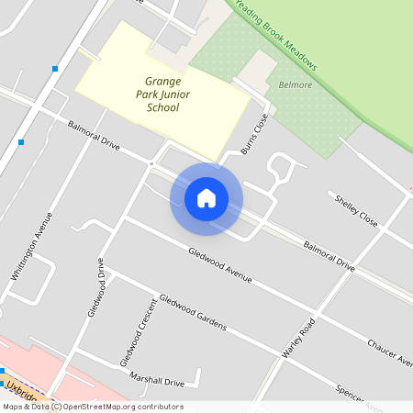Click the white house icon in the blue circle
pyautogui.click(x=206, y=197)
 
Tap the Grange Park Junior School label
pyautogui.click(x=162, y=95)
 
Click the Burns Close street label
pyautogui.click(x=253, y=134)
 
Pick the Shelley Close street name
pyautogui.click(x=356, y=211)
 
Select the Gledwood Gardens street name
pyautogui.click(x=192, y=311)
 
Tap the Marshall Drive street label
pyautogui.click(x=157, y=381)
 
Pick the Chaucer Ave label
pyautogui.click(x=390, y=352)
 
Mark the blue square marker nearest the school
pyautogui.click(x=55, y=69)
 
